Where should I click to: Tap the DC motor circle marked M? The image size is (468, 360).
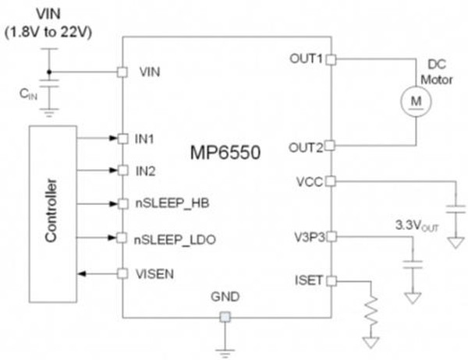click(x=414, y=100)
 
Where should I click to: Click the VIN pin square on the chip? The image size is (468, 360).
click(x=122, y=72)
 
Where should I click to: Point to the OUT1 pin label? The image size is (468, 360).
click(x=304, y=59)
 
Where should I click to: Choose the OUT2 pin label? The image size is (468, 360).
click(x=304, y=145)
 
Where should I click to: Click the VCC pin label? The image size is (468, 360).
click(x=309, y=182)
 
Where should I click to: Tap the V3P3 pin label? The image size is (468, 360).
click(x=306, y=235)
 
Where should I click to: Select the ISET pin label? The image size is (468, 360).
click(x=307, y=280)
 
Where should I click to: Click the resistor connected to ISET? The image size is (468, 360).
click(x=373, y=311)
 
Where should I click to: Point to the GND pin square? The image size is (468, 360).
click(x=224, y=316)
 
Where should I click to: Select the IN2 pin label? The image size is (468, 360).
click(x=146, y=169)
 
